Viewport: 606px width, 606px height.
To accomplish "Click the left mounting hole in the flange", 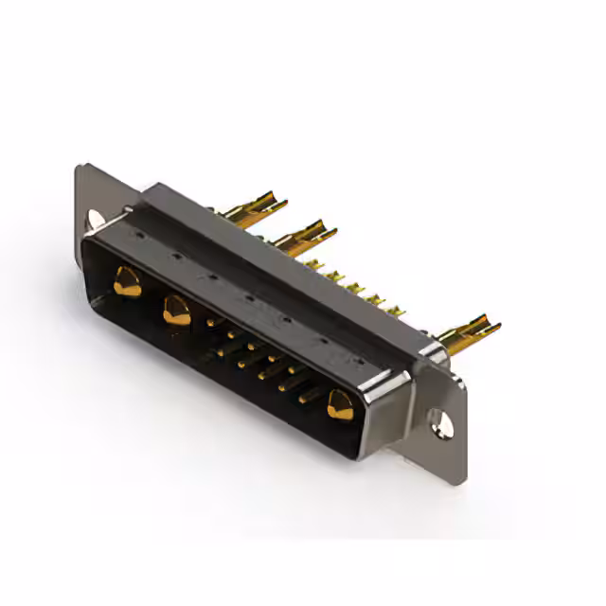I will click(x=96, y=219).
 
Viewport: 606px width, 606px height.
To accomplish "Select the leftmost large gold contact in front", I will click(x=127, y=281).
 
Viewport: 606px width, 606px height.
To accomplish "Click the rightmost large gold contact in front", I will click(x=339, y=405).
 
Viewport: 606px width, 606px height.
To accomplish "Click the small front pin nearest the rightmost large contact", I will click(x=305, y=399).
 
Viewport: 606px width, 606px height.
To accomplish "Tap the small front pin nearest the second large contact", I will click(x=211, y=324).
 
